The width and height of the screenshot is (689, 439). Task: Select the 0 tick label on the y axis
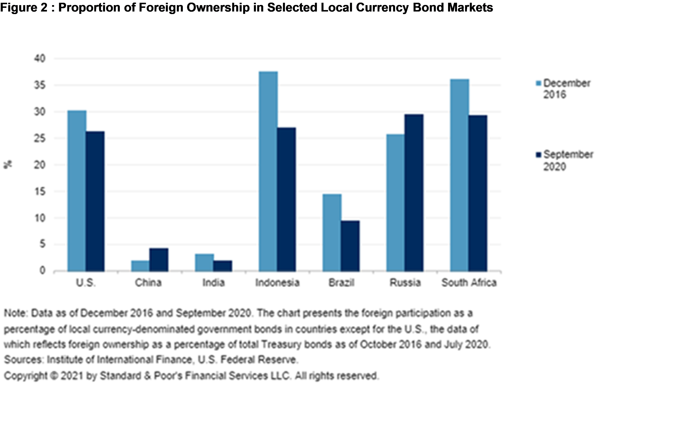(x=42, y=270)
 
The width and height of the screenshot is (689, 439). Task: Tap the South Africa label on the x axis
(x=469, y=283)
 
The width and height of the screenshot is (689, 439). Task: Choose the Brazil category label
(x=341, y=283)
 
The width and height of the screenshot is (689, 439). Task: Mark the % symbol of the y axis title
(x=8, y=165)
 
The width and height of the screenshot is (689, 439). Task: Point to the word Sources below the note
(x=23, y=359)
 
